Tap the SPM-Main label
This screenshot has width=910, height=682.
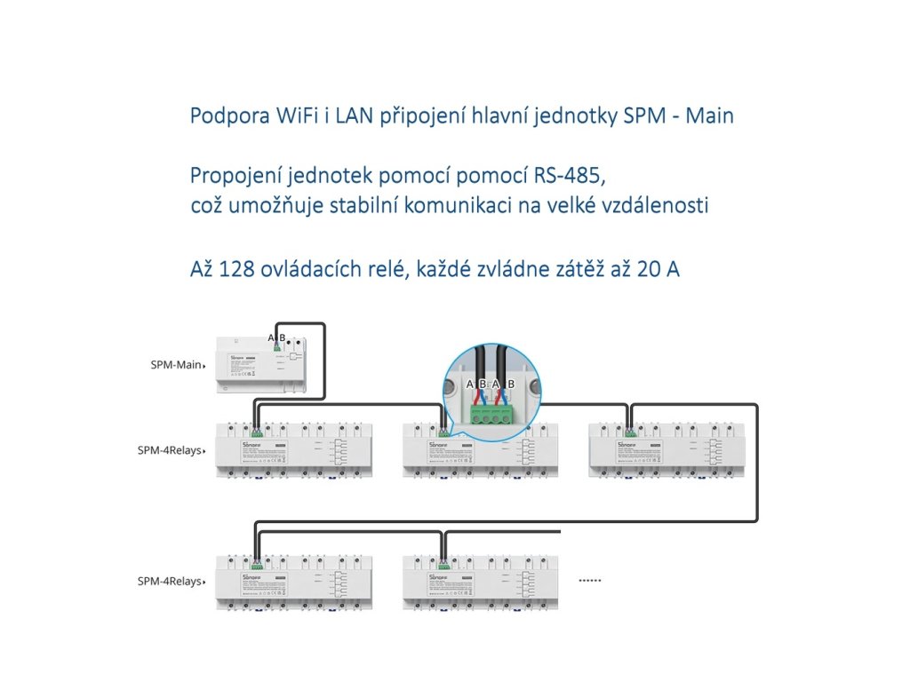pos(178,365)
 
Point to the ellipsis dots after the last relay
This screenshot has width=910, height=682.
pos(590,581)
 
